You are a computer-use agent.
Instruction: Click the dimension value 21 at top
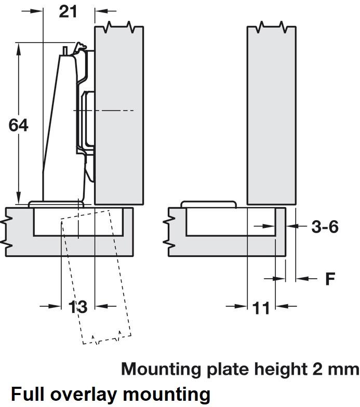pos(68,11)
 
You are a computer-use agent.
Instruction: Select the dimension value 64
pos(19,126)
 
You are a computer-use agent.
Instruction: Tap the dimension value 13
pos(78,307)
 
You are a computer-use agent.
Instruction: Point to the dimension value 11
pos(261,308)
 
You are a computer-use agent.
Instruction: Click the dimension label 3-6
pos(325,227)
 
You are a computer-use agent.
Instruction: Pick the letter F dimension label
pos(330,279)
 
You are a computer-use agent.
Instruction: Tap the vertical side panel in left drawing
pos(118,114)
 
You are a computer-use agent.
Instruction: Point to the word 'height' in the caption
pos(281,369)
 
